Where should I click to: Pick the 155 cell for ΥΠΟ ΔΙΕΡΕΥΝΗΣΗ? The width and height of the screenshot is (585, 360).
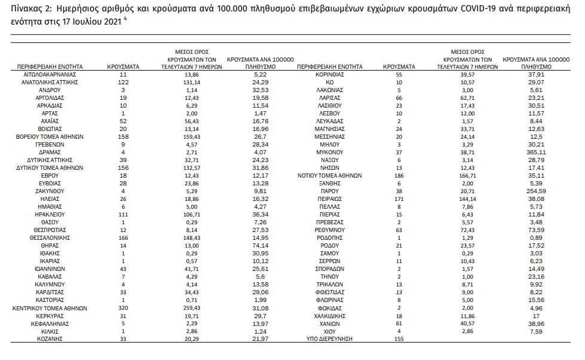click(x=399, y=339)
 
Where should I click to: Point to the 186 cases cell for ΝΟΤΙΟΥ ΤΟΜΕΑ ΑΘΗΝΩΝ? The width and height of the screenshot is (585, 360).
click(x=399, y=176)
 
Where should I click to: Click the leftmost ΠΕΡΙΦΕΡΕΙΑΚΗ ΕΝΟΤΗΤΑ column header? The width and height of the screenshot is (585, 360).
click(x=41, y=67)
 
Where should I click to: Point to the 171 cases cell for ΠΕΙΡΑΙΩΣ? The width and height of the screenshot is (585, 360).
click(x=399, y=199)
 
